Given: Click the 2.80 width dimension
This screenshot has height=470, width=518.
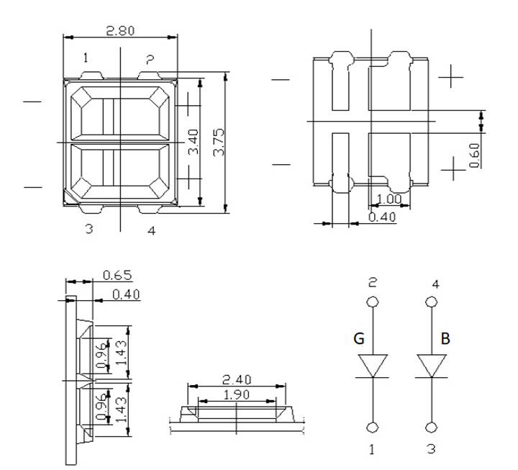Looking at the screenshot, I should (x=120, y=31).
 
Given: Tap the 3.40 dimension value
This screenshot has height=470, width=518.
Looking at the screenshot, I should (x=193, y=143).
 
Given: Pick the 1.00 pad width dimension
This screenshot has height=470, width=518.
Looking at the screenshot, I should (x=388, y=199).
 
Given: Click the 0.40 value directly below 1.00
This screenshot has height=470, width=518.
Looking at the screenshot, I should (x=381, y=216).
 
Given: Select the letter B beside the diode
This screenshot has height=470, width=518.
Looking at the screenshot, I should (x=445, y=338).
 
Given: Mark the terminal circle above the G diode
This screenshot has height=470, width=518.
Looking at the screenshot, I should (x=372, y=302).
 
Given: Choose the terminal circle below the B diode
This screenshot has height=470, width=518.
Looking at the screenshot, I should (x=432, y=428).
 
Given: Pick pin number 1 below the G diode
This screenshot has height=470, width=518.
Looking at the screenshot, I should (x=372, y=450).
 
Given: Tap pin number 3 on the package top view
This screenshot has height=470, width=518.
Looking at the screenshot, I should (x=88, y=230).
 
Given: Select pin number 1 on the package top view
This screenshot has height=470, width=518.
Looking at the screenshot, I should (x=85, y=58).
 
